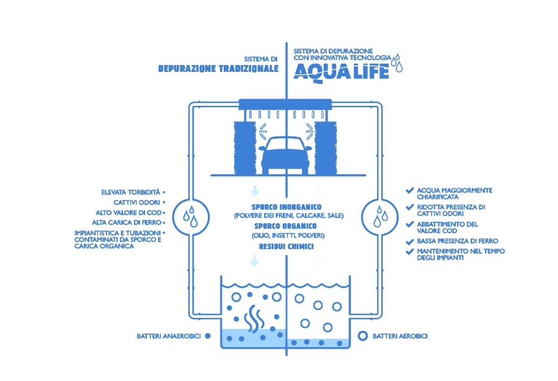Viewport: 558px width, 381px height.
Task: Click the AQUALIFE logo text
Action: pyautogui.click(x=341, y=71)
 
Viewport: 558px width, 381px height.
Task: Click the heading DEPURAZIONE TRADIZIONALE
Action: pyautogui.click(x=218, y=69)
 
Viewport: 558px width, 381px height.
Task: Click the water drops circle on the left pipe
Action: pyautogui.click(x=190, y=217)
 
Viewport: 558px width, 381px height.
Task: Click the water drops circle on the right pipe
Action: pyautogui.click(x=380, y=217)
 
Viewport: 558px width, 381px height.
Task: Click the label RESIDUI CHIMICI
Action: pyautogui.click(x=286, y=247)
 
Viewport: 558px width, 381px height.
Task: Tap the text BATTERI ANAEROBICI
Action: pyautogui.click(x=169, y=336)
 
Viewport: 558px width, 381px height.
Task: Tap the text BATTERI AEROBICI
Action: pyautogui.click(x=400, y=336)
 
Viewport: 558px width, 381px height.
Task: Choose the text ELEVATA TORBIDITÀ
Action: pyautogui.click(x=131, y=193)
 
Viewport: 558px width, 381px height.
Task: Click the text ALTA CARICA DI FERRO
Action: pyautogui.click(x=126, y=222)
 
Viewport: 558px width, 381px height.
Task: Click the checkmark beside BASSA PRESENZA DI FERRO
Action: pyautogui.click(x=409, y=241)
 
